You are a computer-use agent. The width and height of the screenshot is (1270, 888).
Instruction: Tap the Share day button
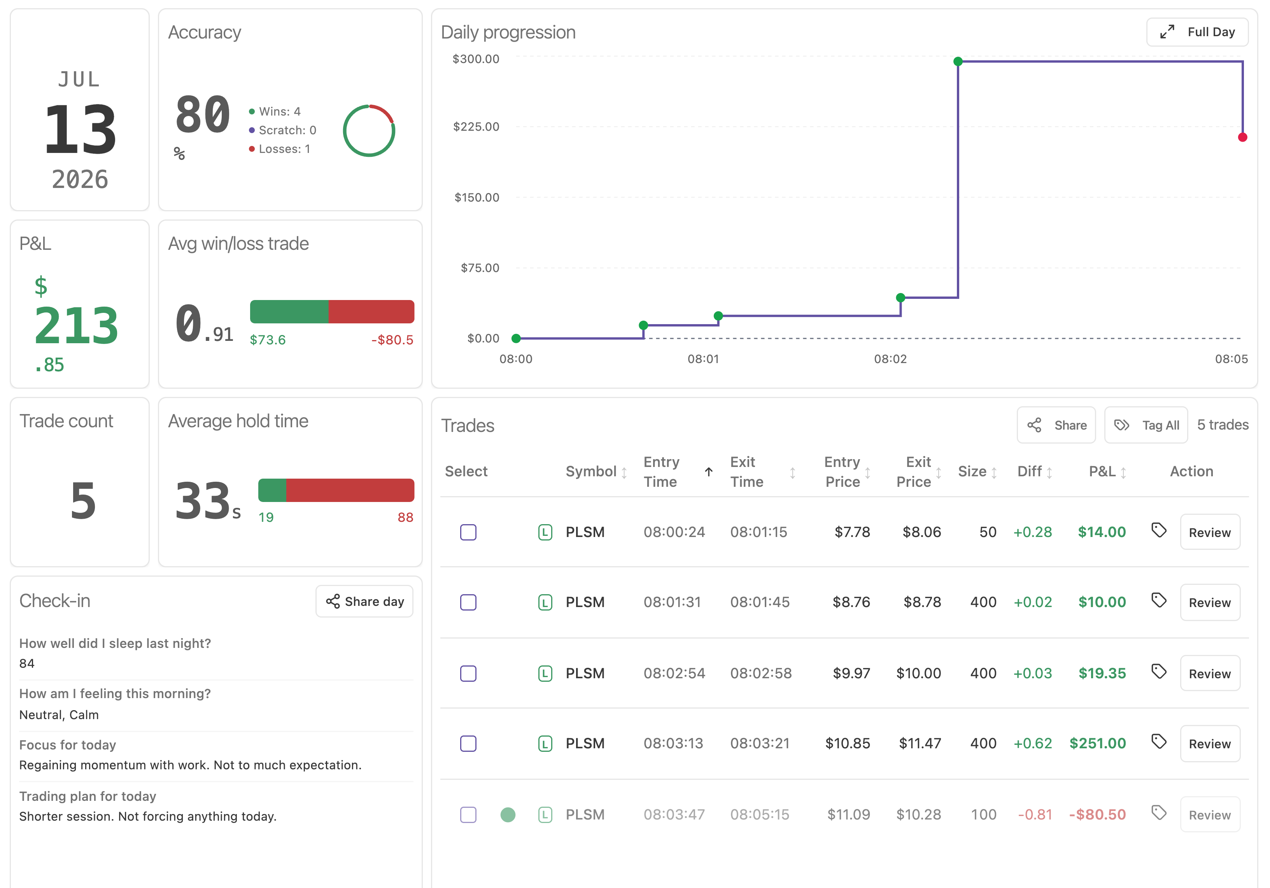point(364,602)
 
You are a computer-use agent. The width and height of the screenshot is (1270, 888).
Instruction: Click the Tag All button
point(1146,425)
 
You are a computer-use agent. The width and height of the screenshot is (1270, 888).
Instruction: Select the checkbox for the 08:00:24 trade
point(468,532)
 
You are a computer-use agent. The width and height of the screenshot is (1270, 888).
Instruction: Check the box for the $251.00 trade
point(468,744)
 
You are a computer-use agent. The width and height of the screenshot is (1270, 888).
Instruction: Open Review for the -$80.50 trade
point(1210,814)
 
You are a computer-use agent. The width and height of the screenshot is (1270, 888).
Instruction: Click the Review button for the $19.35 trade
point(1210,673)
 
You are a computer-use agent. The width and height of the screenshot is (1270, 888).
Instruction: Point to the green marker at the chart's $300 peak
point(958,61)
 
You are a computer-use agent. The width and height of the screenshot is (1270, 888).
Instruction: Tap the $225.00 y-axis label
point(476,127)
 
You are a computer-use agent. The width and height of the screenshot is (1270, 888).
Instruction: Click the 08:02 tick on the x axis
point(890,359)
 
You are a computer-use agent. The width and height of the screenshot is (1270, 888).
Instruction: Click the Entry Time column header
point(662,471)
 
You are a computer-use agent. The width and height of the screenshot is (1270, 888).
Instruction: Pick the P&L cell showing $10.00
point(1102,602)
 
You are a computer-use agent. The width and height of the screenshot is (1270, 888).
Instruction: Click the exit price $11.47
point(920,744)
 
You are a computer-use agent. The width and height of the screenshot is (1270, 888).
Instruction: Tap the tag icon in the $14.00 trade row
point(1159,531)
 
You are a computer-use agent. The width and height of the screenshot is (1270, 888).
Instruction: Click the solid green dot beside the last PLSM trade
point(508,814)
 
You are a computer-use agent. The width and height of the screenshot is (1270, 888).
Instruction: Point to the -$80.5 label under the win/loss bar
point(392,340)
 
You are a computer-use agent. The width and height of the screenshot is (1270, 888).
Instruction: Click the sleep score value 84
point(26,663)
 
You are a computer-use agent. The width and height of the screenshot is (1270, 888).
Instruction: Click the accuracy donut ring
point(369,156)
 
